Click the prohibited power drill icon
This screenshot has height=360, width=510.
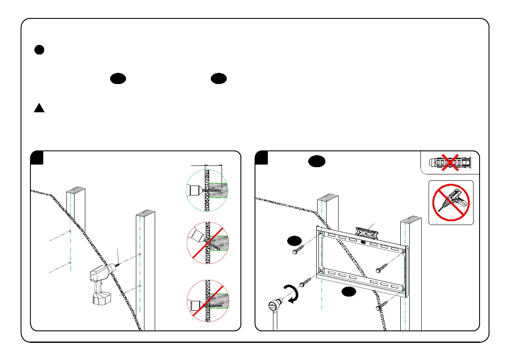tap(451, 203)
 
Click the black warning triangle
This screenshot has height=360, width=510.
tap(39, 108)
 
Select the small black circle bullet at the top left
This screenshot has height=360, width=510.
tap(39, 50)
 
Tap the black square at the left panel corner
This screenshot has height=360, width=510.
tap(37, 158)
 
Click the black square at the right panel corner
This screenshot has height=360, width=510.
tap(261, 158)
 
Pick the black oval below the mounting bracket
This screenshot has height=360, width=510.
tap(350, 292)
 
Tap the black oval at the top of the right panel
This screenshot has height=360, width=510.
tap(317, 162)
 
